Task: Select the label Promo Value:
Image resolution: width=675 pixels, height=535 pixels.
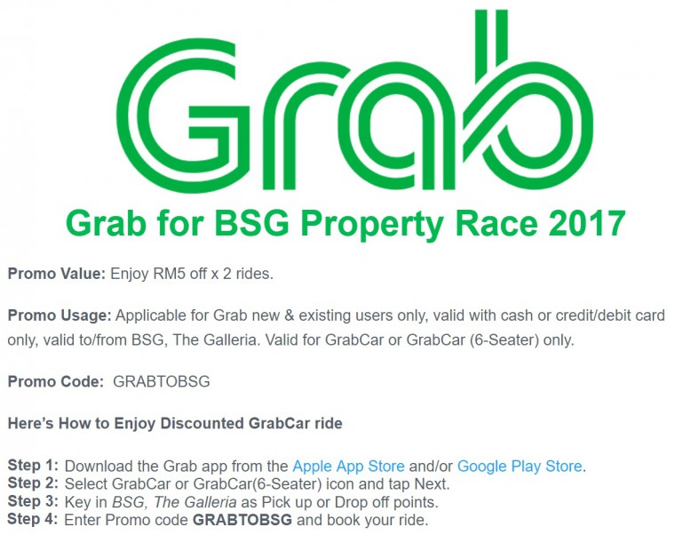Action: point(56,274)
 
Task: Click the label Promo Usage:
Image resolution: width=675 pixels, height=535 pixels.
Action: point(60,315)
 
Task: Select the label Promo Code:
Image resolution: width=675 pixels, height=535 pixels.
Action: point(56,381)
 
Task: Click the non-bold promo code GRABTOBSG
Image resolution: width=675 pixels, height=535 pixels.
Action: point(162,381)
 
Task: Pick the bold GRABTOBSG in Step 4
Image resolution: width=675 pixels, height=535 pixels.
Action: point(242,520)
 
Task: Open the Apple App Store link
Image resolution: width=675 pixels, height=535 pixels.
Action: point(348,466)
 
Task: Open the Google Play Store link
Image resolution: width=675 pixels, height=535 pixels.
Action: point(520,466)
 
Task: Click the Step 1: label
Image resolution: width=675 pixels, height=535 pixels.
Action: point(33,465)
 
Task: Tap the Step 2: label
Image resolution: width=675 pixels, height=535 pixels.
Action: point(33,483)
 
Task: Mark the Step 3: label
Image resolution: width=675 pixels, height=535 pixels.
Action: point(33,501)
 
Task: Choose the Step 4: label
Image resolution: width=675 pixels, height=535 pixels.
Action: point(33,519)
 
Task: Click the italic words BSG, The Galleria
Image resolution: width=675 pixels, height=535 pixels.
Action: point(174,502)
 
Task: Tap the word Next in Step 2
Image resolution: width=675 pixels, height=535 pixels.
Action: point(432,484)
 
